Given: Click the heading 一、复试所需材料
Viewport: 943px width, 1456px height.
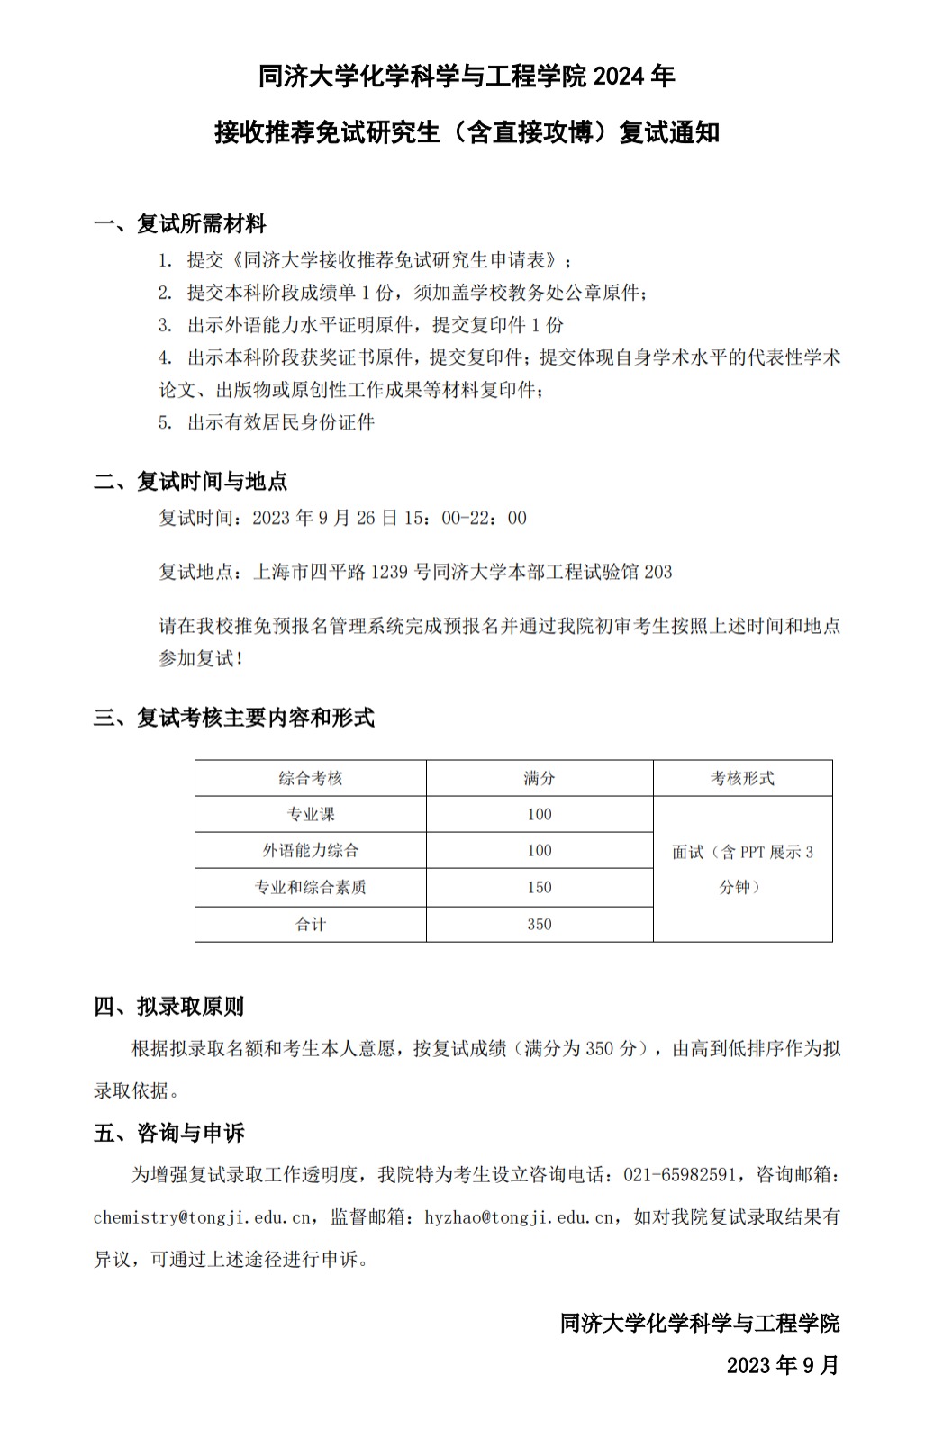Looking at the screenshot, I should pyautogui.click(x=180, y=223).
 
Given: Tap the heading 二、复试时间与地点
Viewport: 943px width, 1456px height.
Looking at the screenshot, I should pyautogui.click(x=190, y=481).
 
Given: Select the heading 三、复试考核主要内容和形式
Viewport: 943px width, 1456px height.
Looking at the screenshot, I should pyautogui.click(x=234, y=718).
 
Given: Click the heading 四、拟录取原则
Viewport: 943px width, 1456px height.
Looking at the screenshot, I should pyautogui.click(x=168, y=1006).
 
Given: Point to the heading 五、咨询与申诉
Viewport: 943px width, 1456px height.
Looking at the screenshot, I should pyautogui.click(x=168, y=1132).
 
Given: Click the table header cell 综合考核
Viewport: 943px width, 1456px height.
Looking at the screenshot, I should pyautogui.click(x=311, y=778).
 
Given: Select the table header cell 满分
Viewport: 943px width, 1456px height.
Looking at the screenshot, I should pyautogui.click(x=540, y=778).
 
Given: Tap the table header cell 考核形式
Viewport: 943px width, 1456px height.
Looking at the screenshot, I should pyautogui.click(x=742, y=778).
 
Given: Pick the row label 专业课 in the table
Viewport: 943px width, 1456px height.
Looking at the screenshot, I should pyautogui.click(x=311, y=814).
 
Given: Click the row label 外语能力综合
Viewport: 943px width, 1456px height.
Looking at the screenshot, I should pyautogui.click(x=311, y=850).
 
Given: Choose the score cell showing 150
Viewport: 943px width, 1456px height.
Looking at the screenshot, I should pyautogui.click(x=540, y=887).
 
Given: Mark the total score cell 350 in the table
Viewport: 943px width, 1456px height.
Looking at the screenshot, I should pyautogui.click(x=540, y=924).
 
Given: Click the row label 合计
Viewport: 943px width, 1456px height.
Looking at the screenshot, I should pyautogui.click(x=311, y=924).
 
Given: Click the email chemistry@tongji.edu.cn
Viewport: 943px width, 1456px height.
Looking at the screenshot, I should pyautogui.click(x=203, y=1217).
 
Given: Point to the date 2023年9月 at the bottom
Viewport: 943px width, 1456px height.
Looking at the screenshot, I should pyautogui.click(x=782, y=1365).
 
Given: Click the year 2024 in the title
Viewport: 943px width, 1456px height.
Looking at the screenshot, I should pyautogui.click(x=620, y=77).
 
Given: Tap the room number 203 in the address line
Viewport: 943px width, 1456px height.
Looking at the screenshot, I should pyautogui.click(x=658, y=572).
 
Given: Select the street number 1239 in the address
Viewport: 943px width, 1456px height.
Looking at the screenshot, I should pyautogui.click(x=389, y=572).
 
